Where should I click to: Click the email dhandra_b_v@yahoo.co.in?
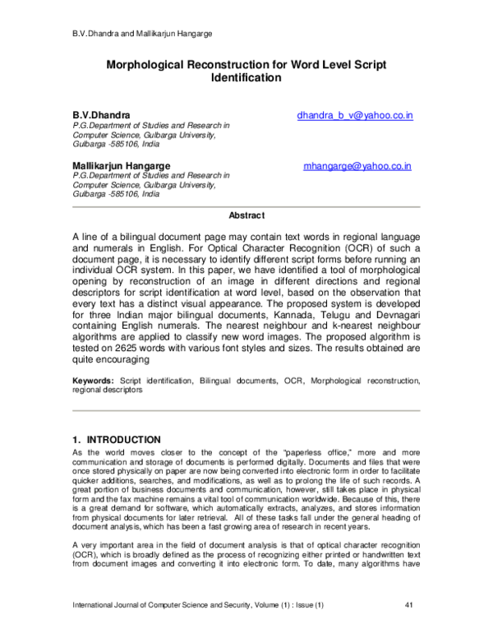(355, 116)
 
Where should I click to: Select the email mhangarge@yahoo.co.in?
(357, 166)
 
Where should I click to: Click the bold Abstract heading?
(246, 215)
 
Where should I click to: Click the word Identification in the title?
(246, 79)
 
